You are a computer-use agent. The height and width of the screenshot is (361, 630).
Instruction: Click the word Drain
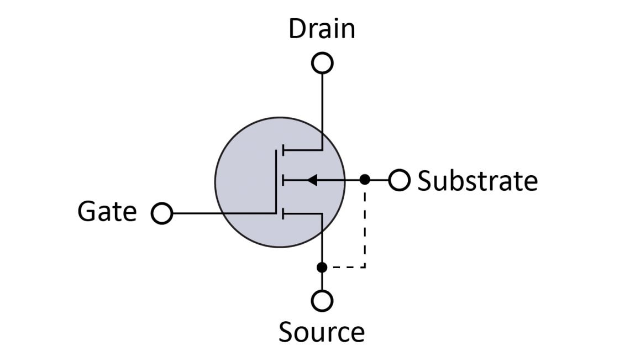coord(322,29)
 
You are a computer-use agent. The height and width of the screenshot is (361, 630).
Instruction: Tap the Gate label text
coord(107,212)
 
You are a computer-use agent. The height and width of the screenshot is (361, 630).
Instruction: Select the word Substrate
coord(477,181)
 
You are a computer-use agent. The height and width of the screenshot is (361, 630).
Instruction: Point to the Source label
coord(321,332)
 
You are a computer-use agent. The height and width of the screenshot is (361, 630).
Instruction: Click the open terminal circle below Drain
coord(322,63)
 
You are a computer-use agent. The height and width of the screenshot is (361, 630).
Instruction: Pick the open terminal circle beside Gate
coord(162,213)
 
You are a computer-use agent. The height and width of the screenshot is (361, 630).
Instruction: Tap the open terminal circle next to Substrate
coord(399,180)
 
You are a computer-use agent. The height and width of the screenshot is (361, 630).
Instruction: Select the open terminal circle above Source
coord(322,301)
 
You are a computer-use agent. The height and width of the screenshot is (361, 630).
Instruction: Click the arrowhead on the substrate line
coord(312,180)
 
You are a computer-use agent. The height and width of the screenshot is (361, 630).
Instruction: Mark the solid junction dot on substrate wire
coord(365,180)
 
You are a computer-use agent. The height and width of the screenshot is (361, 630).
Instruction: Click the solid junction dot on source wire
coord(322,268)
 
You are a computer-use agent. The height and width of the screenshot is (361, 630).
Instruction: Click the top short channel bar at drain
coord(282,150)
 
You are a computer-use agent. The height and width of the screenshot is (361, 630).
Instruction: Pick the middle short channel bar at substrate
coord(282,180)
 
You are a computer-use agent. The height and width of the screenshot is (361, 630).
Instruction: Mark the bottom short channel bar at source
coord(282,213)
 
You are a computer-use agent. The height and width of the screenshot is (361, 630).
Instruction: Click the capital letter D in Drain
coord(297,29)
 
